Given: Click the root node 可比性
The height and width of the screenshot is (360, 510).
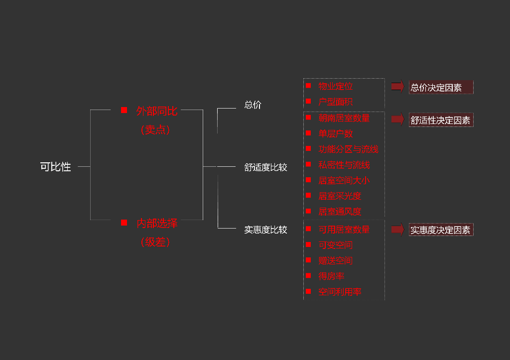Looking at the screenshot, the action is coord(55,167).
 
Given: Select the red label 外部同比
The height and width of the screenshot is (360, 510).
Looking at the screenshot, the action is coord(156,111).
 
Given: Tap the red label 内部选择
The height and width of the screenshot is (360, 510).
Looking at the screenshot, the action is coord(156,224).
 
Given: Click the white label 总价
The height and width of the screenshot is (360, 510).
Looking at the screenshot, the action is coord(253,105).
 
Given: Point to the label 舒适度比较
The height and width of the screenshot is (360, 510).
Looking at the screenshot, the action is coord(265,167).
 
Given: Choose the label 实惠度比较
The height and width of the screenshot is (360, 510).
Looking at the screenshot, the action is coord(265,230).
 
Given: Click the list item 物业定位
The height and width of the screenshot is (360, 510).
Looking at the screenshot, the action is coord(335,86).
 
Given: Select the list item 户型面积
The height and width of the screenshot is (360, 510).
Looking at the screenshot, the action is coord(335,102).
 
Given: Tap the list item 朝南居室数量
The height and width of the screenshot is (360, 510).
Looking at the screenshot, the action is coord(344,118).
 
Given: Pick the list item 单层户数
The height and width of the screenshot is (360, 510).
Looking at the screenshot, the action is coord(335,133).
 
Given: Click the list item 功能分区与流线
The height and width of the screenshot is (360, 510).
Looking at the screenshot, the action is coord(348,149).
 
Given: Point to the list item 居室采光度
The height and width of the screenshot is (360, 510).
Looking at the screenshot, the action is coord(340,196).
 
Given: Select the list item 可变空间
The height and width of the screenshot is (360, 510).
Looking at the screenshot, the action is coord(335,245).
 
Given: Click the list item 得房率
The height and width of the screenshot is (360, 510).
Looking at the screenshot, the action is coord(331,276).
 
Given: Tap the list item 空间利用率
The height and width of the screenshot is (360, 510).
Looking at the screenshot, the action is coord(340,292).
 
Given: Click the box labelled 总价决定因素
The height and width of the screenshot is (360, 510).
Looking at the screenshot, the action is coord(441,88).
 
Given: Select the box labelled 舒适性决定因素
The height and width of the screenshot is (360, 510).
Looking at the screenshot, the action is coord(441,120).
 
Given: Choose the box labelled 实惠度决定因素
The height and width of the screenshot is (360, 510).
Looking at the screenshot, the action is coord(441,230).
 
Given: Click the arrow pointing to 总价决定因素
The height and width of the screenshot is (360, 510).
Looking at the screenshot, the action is coord(397,87).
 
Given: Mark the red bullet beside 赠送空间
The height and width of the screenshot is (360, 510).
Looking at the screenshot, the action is coord(308,260).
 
